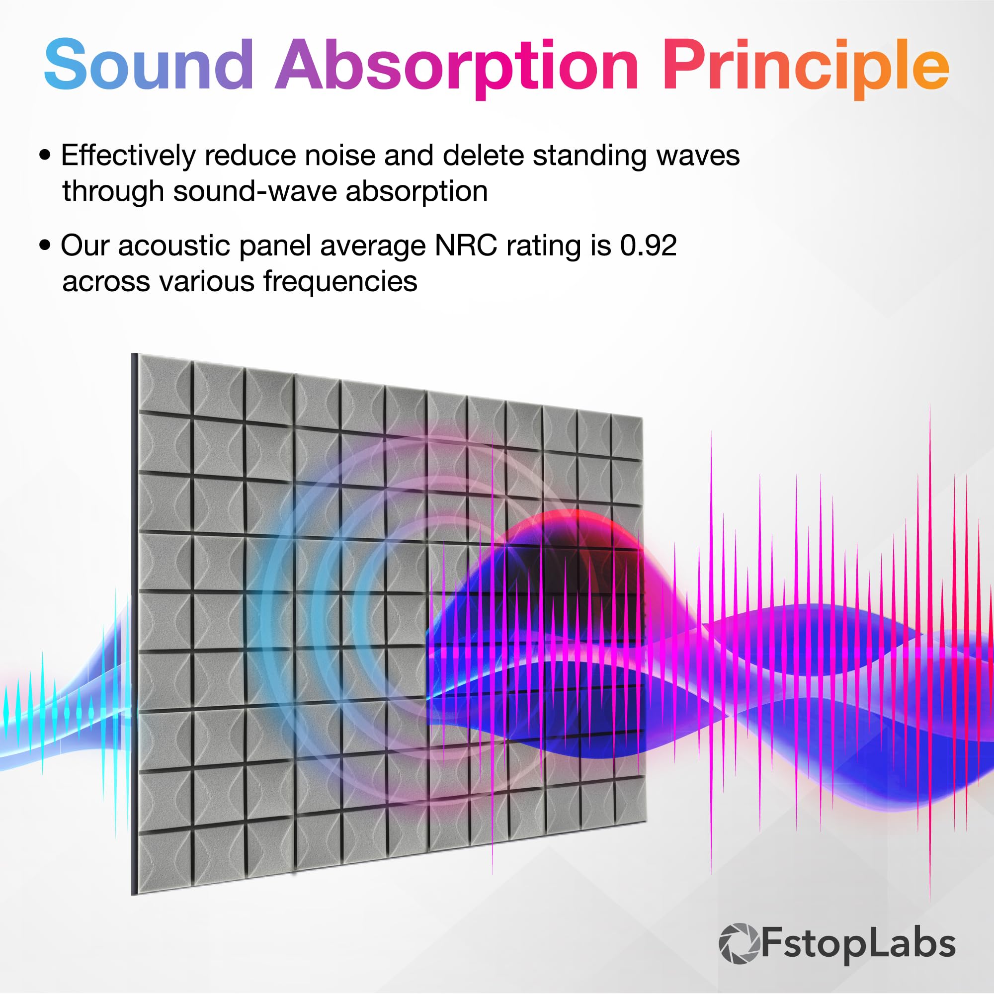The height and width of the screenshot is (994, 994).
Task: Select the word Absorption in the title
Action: (457, 67)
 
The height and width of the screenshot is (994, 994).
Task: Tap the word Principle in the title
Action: (805, 67)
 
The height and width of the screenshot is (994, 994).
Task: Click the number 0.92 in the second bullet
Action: (648, 246)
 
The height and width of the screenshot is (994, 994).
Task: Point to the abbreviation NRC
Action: (466, 246)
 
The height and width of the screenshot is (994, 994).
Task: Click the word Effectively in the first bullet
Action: (128, 156)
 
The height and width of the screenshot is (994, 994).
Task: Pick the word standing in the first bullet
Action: (589, 156)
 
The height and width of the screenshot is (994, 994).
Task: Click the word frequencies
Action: (340, 282)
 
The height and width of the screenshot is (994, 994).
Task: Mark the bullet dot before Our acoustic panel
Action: (46, 245)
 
